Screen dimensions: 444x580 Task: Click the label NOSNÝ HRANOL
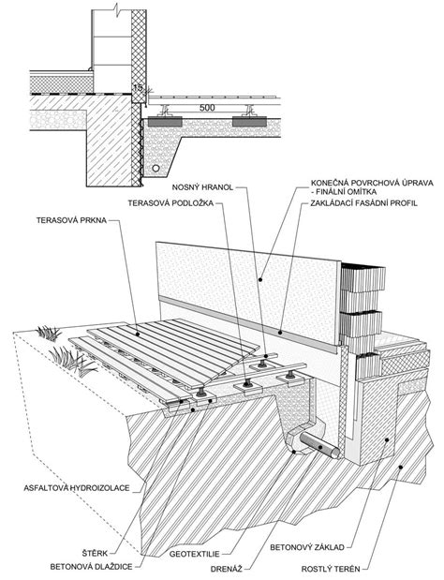202,187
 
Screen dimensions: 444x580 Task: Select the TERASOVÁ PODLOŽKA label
170,203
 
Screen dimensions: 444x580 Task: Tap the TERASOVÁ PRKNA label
71,220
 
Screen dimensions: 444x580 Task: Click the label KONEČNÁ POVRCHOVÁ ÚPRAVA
372,183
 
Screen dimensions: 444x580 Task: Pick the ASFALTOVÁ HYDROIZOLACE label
77,488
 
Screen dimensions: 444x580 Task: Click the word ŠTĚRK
95,554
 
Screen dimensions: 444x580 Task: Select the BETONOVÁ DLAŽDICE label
91,567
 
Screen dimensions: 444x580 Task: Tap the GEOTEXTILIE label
195,554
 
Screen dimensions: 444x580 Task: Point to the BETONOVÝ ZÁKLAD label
307,547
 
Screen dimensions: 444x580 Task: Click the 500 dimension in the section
207,108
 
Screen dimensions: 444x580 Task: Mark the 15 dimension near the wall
138,88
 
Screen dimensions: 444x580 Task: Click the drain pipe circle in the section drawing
156,169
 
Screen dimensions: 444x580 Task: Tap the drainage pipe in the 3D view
319,445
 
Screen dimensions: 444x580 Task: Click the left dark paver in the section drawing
165,122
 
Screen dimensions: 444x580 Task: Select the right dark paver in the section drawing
249,122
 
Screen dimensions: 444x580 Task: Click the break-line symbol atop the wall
118,7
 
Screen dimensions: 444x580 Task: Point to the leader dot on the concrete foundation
387,439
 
